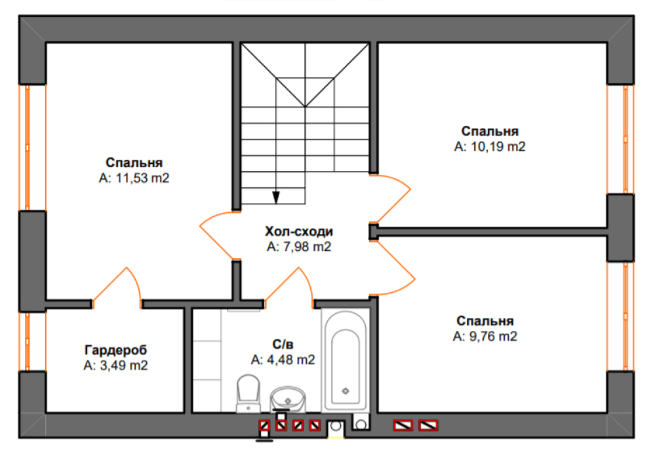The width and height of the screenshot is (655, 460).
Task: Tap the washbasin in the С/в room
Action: (x=288, y=398)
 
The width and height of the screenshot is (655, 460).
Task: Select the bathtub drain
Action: (x=346, y=391)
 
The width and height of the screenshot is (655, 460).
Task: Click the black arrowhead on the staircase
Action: (x=275, y=197)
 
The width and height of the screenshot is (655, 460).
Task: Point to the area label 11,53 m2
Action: (x=134, y=178)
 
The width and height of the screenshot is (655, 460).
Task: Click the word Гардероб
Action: (x=115, y=350)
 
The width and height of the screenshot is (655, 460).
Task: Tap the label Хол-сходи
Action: (x=299, y=231)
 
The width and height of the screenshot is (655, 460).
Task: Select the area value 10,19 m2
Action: (x=490, y=147)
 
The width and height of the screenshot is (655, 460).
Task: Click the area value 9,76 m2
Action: (x=485, y=336)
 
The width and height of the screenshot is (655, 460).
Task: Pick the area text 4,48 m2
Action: (x=283, y=359)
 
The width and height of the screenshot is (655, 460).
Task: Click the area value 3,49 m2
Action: (x=115, y=365)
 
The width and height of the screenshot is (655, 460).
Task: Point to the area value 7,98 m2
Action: (x=299, y=246)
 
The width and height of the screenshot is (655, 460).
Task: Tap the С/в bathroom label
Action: (x=283, y=345)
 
